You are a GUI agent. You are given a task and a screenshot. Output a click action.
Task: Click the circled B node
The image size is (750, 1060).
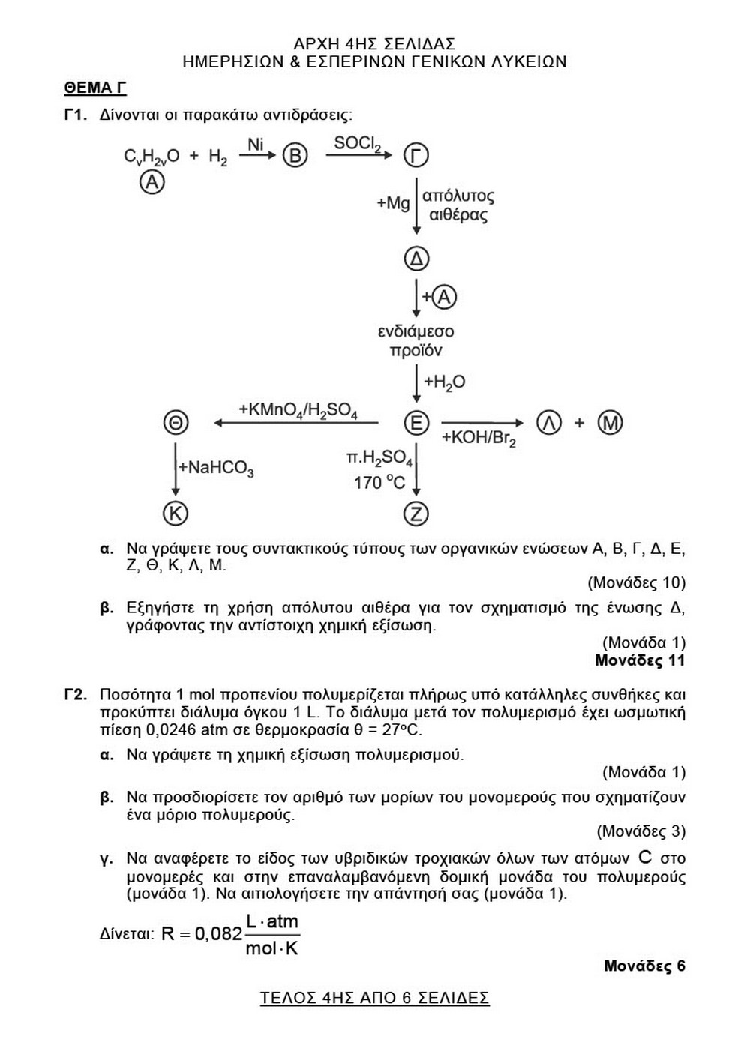[295, 156]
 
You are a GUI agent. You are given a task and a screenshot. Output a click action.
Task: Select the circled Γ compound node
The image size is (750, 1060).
[416, 156]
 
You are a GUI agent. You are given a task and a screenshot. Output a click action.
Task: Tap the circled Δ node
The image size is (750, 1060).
[416, 259]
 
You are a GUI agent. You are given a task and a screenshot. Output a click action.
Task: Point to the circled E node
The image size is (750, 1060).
[416, 423]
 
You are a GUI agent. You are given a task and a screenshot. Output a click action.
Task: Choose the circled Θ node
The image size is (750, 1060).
[175, 423]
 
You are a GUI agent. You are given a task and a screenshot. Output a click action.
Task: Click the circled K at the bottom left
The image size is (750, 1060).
[175, 514]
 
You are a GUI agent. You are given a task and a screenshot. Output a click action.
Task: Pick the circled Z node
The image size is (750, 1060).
[416, 514]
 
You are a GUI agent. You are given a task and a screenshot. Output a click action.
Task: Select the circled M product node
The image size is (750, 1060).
[610, 423]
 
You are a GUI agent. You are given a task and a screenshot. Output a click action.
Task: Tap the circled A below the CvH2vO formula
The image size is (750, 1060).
[152, 182]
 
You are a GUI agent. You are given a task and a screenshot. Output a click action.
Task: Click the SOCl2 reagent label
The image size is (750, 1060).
[358, 143]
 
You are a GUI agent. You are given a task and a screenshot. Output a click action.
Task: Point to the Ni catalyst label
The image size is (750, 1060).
[256, 143]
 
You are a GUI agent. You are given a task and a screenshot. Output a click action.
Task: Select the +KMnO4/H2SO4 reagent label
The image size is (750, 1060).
[298, 411]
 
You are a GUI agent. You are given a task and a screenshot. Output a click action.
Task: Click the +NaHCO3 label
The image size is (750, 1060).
[216, 469]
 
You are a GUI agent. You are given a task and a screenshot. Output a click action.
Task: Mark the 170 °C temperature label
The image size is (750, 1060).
[379, 482]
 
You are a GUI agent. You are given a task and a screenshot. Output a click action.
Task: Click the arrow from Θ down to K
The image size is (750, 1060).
[175, 469]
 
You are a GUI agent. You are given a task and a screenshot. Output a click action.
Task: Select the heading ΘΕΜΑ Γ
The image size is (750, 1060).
[95, 88]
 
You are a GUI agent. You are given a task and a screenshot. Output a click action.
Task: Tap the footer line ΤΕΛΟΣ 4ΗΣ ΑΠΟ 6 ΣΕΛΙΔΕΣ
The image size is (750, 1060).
[375, 998]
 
